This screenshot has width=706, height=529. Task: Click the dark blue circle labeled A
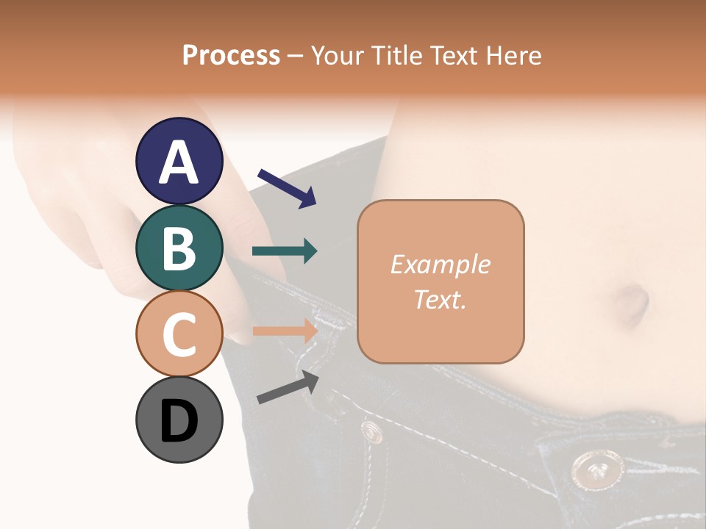coord(179,161)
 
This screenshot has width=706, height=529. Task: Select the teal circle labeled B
coord(179,248)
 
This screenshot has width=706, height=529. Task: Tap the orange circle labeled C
coord(179,334)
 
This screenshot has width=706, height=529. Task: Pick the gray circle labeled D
coord(179,420)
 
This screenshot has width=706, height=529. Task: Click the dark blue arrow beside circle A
coord(287,187)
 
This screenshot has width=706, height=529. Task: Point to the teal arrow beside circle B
coord(285,251)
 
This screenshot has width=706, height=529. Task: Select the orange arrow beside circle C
coord(285,331)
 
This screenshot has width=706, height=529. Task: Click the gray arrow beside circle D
coord(288,388)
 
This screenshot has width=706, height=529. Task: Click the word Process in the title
coord(231,56)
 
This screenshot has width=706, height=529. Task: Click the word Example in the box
coord(440,264)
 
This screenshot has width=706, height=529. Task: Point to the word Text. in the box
coord(440,299)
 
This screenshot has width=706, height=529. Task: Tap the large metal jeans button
coord(593,468)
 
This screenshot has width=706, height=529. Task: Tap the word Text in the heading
coord(451,55)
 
